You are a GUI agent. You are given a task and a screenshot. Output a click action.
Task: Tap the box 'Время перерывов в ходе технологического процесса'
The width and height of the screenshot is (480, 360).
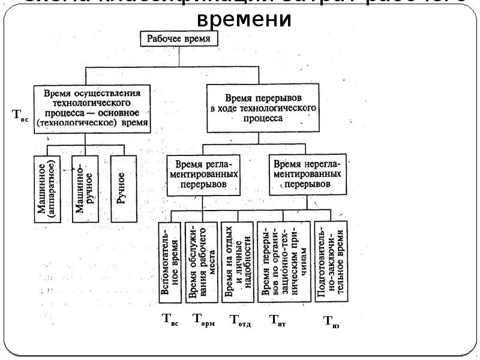pyautogui.click(x=263, y=108)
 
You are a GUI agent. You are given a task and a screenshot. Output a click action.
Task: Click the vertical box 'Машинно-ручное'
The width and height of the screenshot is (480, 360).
pyautogui.click(x=85, y=189)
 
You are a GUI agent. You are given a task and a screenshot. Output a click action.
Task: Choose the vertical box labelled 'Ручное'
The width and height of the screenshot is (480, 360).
pyautogui.click(x=122, y=188)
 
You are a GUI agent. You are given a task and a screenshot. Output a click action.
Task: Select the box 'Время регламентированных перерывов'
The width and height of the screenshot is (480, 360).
pyautogui.click(x=205, y=174)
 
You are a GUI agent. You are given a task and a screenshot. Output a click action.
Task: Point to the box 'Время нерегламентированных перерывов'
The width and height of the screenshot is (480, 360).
pyautogui.click(x=307, y=174)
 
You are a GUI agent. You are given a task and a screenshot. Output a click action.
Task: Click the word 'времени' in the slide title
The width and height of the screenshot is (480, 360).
pyautogui.click(x=244, y=20)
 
